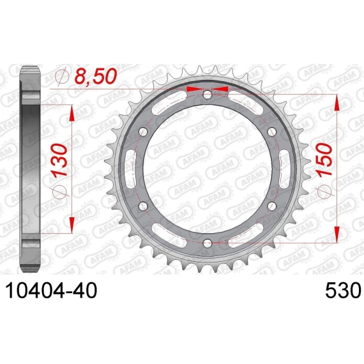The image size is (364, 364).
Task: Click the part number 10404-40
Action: (51, 291)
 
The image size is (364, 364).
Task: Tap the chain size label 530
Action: (343, 291)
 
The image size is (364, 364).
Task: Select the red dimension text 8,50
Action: (95, 77)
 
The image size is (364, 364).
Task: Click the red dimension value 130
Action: (59, 160)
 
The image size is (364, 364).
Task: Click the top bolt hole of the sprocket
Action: (208, 95)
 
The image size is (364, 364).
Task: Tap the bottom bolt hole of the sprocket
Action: (208, 243)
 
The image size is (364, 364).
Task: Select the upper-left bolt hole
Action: (143, 132)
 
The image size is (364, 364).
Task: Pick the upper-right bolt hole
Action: (272, 132)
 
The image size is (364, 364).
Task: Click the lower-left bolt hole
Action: (143, 206)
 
